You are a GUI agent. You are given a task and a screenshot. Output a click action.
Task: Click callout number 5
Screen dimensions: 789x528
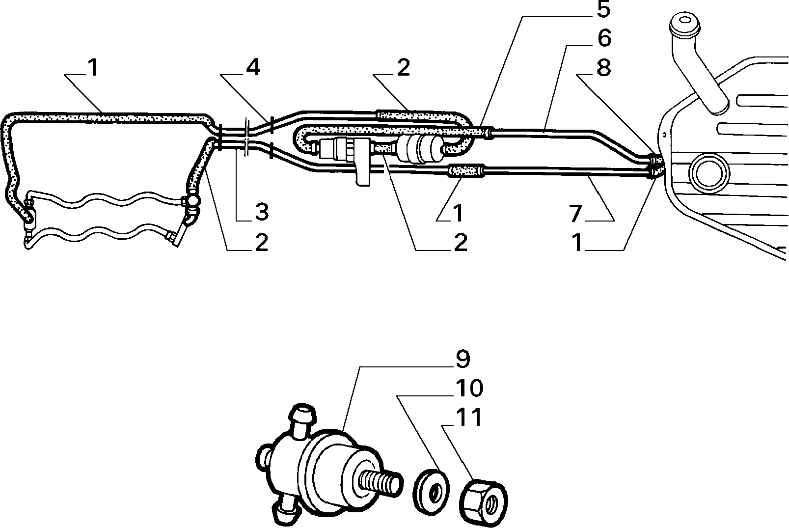click(603, 9)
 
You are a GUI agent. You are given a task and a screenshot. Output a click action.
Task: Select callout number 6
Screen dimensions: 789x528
click(604, 38)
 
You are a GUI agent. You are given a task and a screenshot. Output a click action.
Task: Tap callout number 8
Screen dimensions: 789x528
click(604, 68)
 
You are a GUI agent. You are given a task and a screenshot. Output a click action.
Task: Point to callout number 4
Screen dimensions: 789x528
click(253, 67)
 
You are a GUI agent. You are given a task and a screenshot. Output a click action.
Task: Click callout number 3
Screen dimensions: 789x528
click(261, 212)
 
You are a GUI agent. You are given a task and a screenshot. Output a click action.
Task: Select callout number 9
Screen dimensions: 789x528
click(463, 359)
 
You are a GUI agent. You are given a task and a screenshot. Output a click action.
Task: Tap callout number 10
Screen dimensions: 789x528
click(469, 388)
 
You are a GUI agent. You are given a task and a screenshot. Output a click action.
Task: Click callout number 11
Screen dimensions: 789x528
click(468, 417)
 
